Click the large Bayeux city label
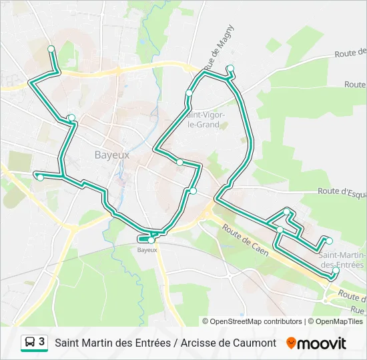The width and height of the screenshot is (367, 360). (x=111, y=154)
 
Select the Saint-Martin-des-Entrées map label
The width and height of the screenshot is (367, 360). (x=341, y=260)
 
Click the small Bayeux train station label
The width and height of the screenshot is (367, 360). (x=147, y=250)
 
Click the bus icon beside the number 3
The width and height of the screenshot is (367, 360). (x=30, y=342)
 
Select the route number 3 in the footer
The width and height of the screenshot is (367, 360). (x=42, y=342)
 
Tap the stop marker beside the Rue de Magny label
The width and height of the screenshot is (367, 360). (x=230, y=68)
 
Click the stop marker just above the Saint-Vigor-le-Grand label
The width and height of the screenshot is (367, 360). (x=189, y=93)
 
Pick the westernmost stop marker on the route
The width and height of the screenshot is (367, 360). (x=40, y=177)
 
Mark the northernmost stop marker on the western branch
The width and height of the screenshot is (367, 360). (x=51, y=49)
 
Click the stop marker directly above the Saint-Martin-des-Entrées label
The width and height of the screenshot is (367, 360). (x=328, y=240)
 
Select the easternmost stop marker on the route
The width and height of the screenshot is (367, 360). (x=336, y=271)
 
